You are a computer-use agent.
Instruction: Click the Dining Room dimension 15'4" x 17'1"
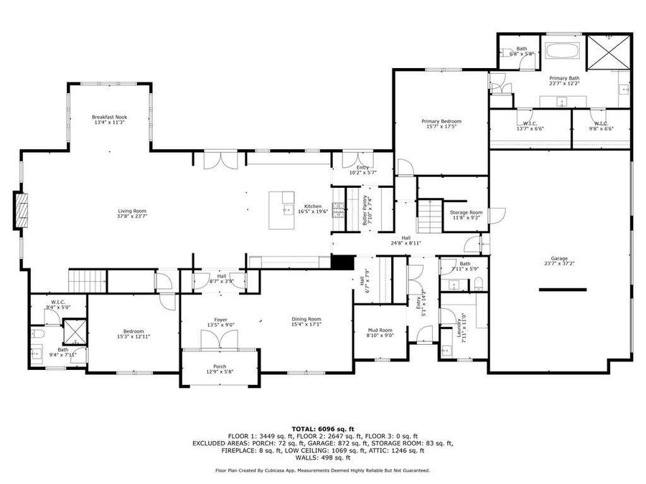click(x=306, y=324)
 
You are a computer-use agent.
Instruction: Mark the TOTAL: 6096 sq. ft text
click(x=322, y=428)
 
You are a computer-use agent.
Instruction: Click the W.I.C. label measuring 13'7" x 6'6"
click(x=530, y=126)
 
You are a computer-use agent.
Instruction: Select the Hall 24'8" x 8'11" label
click(x=406, y=240)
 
